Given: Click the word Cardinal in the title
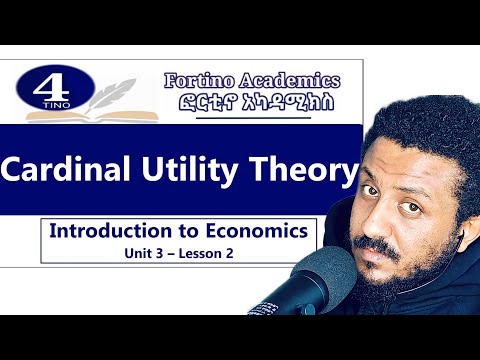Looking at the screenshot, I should (x=69, y=171).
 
